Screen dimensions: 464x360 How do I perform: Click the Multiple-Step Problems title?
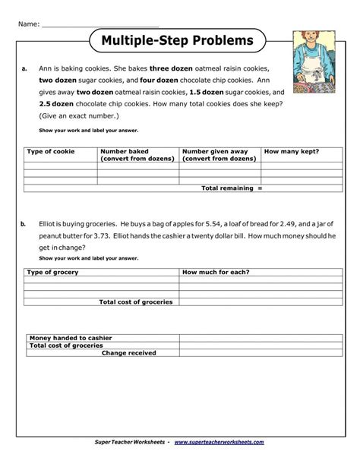point(177,40)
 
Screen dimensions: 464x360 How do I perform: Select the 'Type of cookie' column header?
point(51,152)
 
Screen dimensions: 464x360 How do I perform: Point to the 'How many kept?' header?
point(291,152)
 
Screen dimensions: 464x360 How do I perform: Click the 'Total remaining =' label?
point(231,188)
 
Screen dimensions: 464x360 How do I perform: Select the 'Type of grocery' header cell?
point(52,272)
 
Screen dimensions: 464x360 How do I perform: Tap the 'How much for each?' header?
point(216,272)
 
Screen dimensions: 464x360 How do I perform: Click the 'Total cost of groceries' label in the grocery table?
point(136,301)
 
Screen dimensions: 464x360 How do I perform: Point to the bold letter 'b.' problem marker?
point(24,224)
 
